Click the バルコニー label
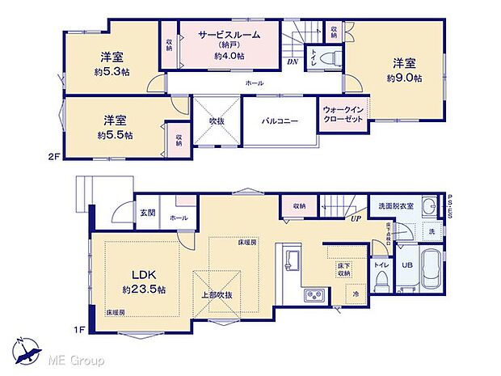point(280,121)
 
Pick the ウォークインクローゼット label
point(343,113)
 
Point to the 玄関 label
point(148,213)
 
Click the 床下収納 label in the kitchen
point(344,269)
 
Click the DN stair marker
point(293,61)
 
